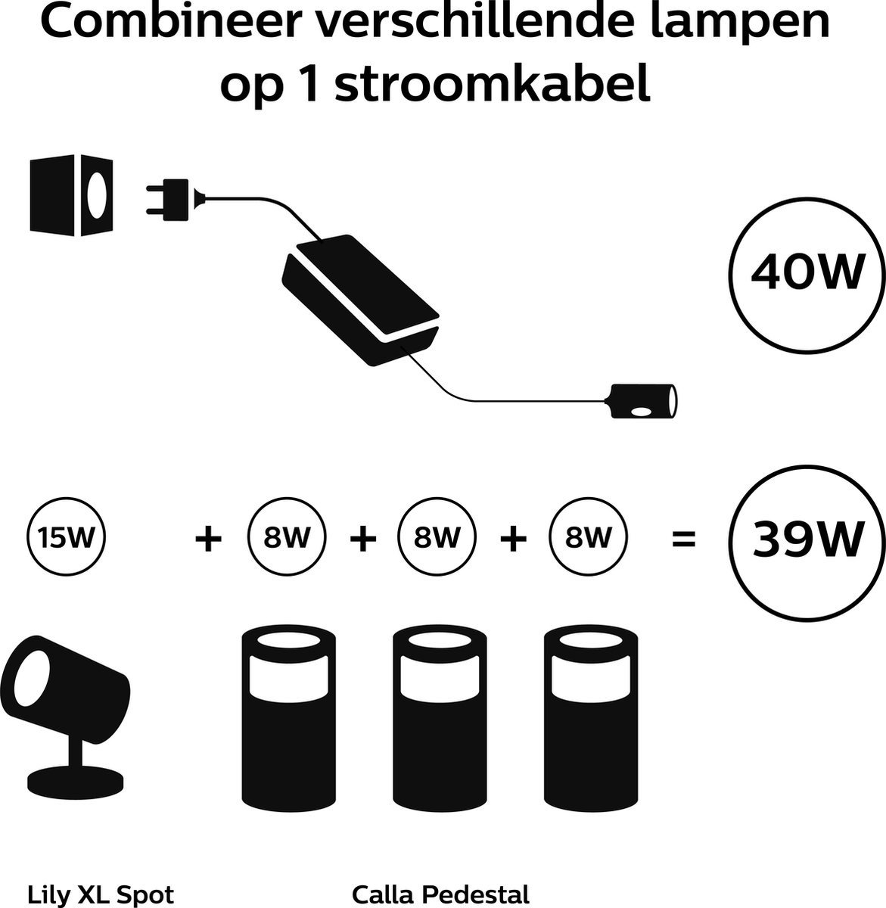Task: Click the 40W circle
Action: click(x=807, y=275)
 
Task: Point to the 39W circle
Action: click(x=807, y=540)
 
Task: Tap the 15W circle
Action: click(x=66, y=540)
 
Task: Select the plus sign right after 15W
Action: click(x=208, y=540)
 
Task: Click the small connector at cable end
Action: click(x=642, y=401)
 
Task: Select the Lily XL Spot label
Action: click(x=101, y=894)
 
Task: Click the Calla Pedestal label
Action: click(x=440, y=894)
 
